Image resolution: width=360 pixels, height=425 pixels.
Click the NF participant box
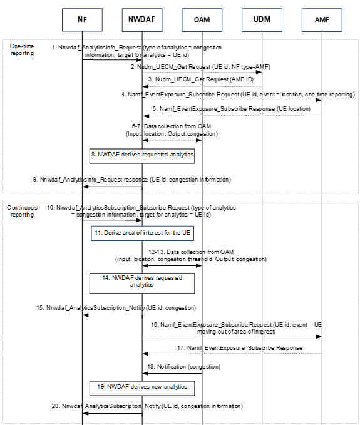click(82, 19)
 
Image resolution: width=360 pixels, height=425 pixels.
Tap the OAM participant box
click(202, 19)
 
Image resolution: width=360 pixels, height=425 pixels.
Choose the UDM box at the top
click(262, 19)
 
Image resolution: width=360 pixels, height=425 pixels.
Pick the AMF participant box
click(322, 19)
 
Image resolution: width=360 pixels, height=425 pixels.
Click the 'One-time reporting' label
click(22, 50)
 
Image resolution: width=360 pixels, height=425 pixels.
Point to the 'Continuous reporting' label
click(23, 210)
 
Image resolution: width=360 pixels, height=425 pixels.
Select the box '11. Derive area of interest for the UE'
click(141, 233)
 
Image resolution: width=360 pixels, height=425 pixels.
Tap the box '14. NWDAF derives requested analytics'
click(141, 280)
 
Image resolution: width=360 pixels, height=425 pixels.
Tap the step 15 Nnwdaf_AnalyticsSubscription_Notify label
click(116, 308)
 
